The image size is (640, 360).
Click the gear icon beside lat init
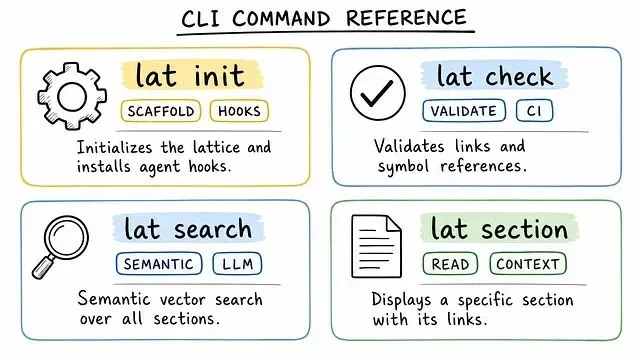pyautogui.click(x=72, y=97)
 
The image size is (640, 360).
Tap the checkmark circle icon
pyautogui.click(x=378, y=93)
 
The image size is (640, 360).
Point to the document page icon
pyautogui.click(x=376, y=246)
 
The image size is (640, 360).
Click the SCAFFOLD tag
pyautogui.click(x=161, y=111)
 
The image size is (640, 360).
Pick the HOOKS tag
pyautogui.click(x=239, y=111)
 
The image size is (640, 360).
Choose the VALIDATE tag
pyautogui.click(x=464, y=111)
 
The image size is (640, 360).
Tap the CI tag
pyautogui.click(x=534, y=111)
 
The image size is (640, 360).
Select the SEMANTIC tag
pyautogui.click(x=159, y=264)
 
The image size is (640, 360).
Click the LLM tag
pyautogui.click(x=237, y=264)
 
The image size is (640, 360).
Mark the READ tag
pyautogui.click(x=450, y=264)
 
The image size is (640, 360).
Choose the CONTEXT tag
pyautogui.click(x=528, y=264)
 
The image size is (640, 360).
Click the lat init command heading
pyautogui.click(x=190, y=75)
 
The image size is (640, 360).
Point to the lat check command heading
pyautogui.click(x=495, y=76)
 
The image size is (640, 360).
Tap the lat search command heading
pyautogui.click(x=188, y=229)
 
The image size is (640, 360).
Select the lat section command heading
pyautogui.click(x=499, y=229)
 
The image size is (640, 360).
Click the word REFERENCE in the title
pyautogui.click(x=406, y=18)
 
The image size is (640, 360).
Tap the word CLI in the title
pyautogui.click(x=200, y=19)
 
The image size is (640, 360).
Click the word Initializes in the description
pyautogui.click(x=115, y=147)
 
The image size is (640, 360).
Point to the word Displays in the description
pyautogui.click(x=401, y=300)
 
